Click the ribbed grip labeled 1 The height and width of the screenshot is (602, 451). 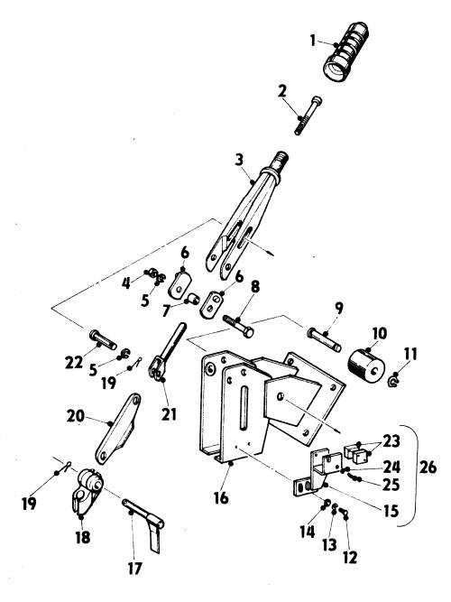pos(345,51)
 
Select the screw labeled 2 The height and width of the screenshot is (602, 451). pos(308,116)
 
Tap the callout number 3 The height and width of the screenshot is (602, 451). pos(239,160)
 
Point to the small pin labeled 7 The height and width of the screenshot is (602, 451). pos(192,298)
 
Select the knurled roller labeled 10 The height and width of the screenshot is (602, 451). pos(366,367)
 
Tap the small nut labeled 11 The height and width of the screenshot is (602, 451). pos(393,382)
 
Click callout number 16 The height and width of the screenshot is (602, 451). pos(221,498)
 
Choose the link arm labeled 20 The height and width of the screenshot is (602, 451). pos(118,428)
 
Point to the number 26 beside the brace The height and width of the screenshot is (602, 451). pos(428,468)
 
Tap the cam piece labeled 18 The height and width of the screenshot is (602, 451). pos(87,490)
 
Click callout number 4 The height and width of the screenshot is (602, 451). pos(126,283)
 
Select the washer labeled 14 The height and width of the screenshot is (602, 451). pos(327,503)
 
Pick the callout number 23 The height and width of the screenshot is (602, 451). pos(391,441)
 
